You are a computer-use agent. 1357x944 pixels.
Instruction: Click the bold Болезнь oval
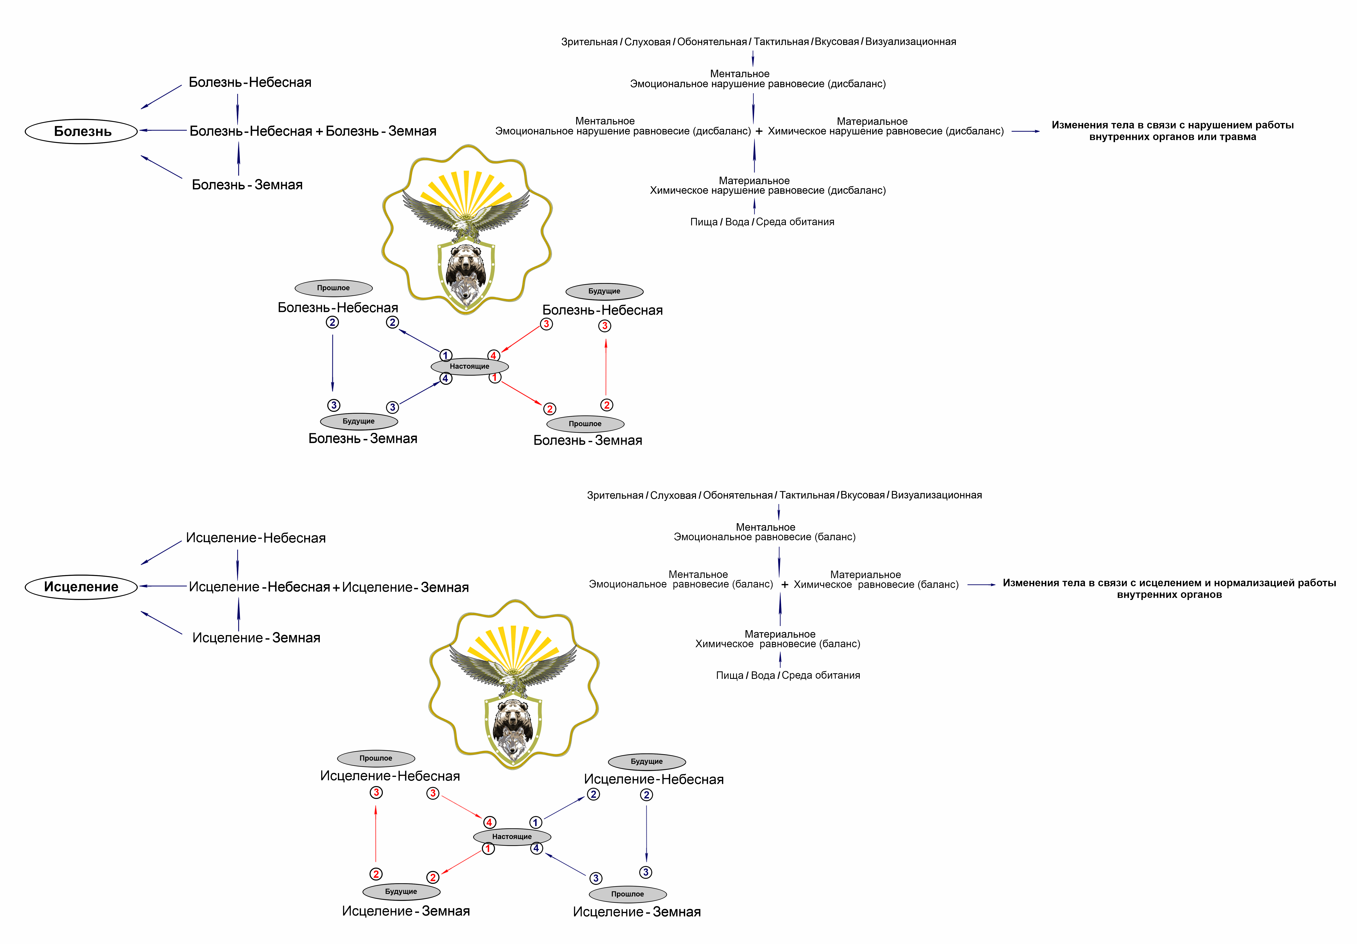[x=82, y=131]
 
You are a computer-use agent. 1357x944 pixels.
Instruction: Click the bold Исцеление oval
[x=82, y=587]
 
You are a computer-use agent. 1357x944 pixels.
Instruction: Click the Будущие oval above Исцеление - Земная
[x=401, y=891]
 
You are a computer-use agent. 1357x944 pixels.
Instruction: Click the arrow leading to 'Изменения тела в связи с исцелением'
[x=981, y=585]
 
